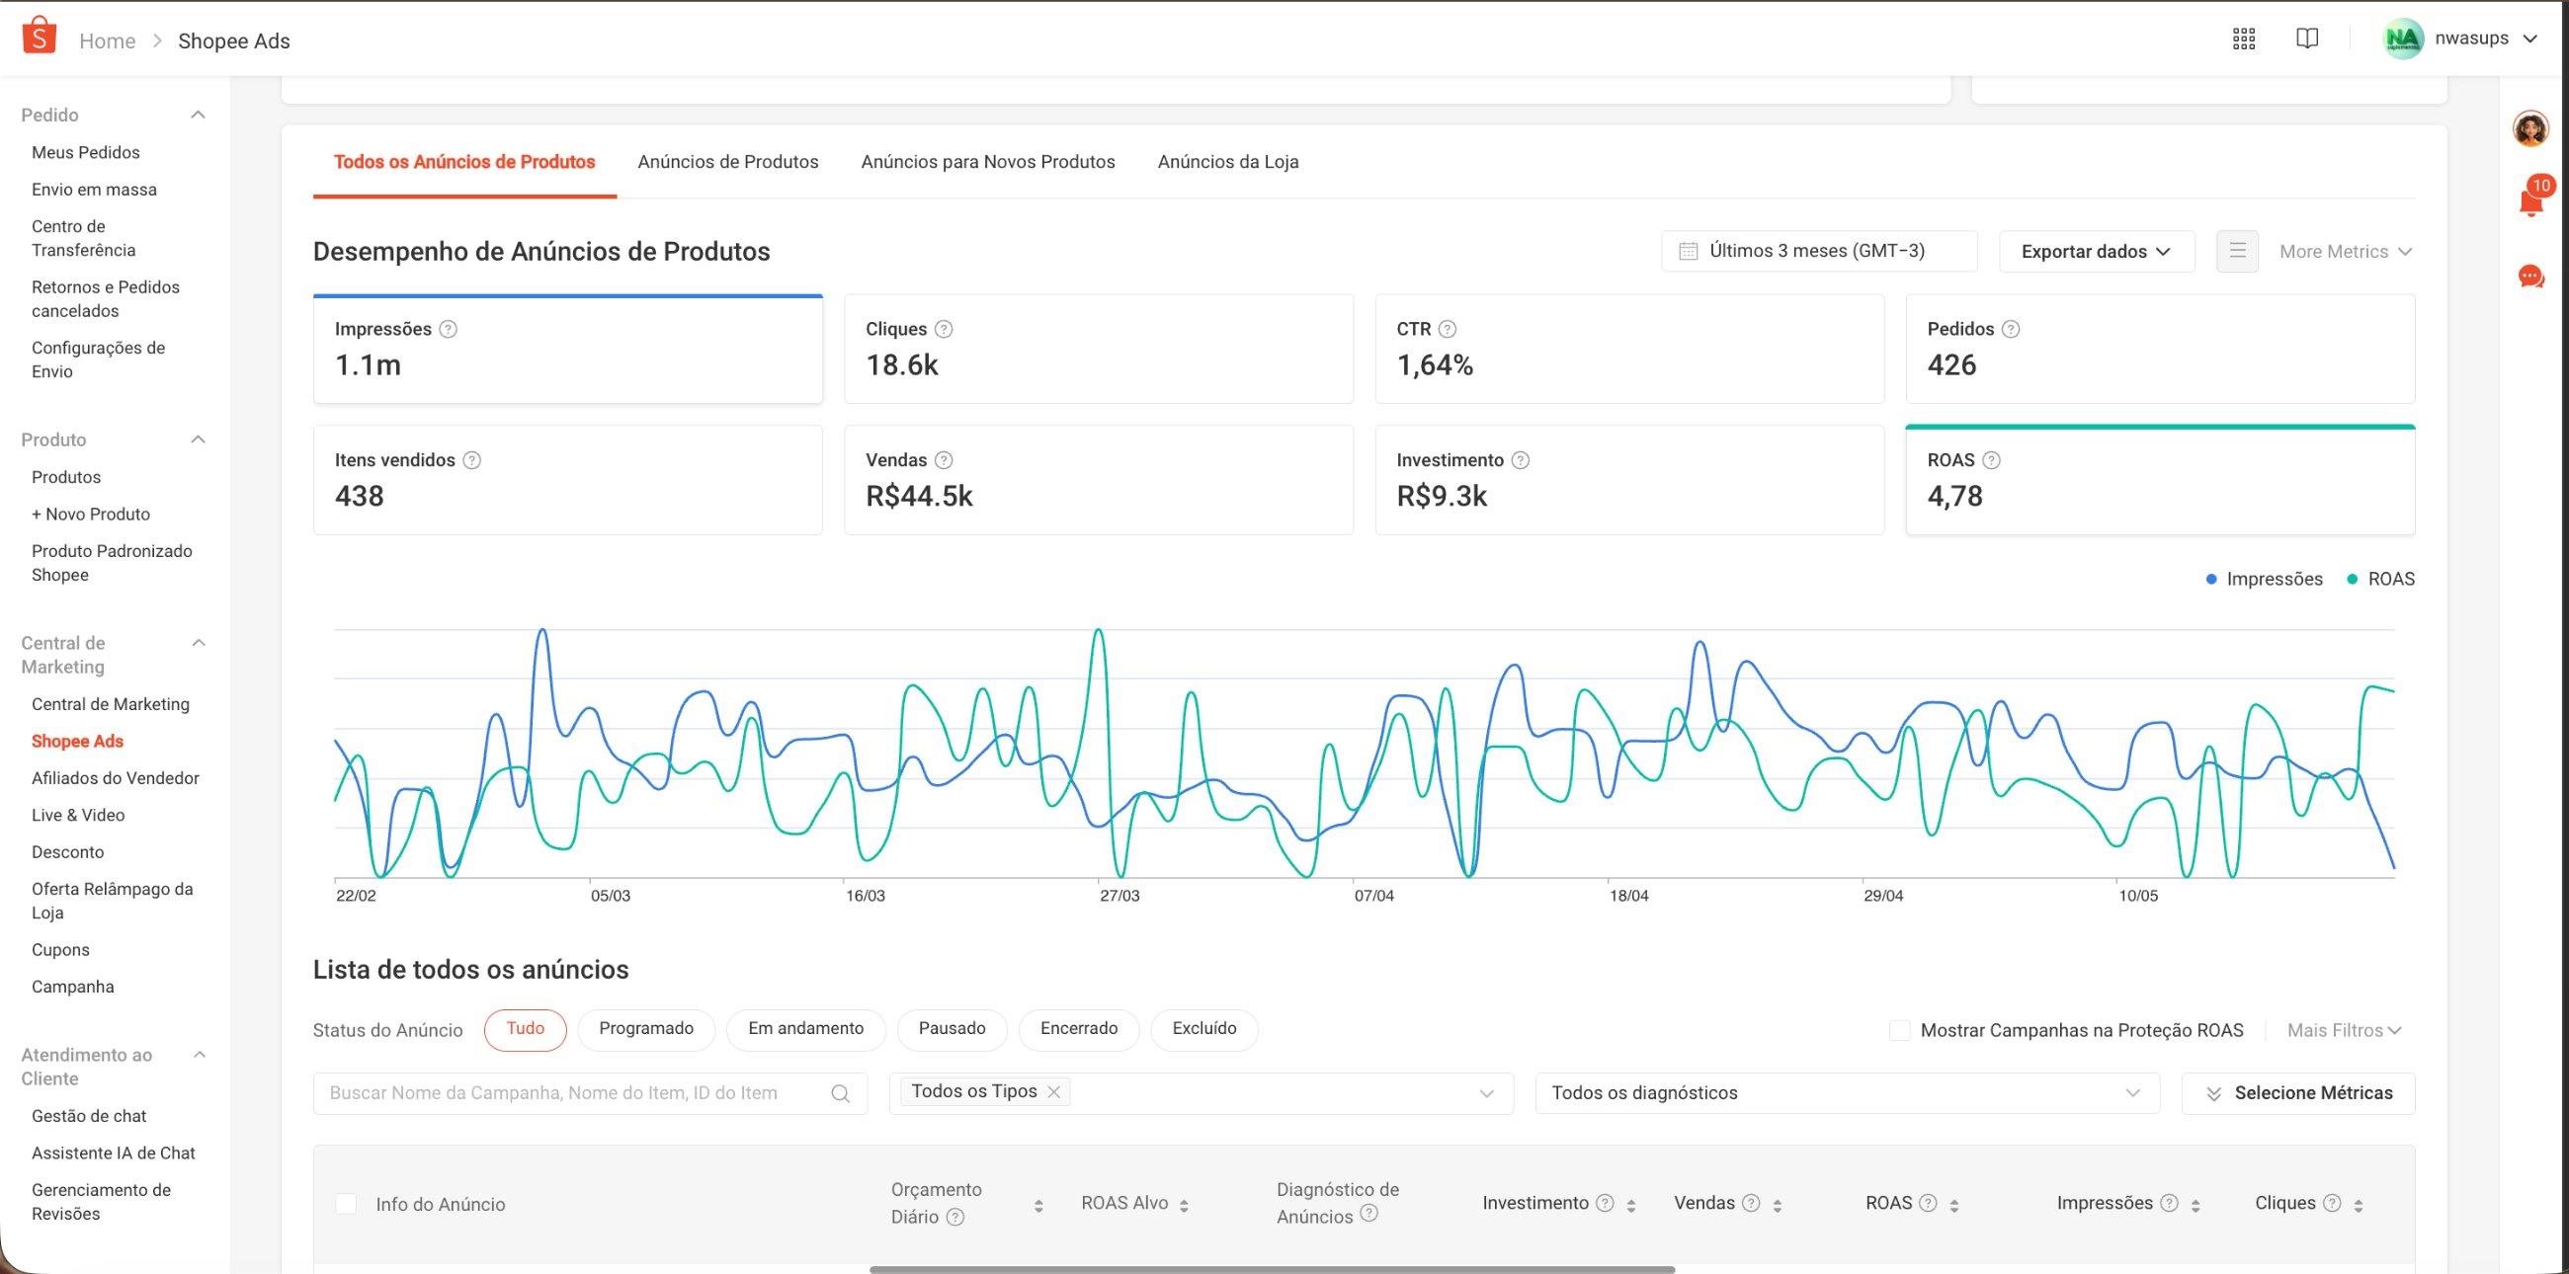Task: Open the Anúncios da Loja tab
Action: coord(1227,162)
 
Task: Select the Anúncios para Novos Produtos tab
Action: coord(987,162)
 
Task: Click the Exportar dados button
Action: coord(2097,251)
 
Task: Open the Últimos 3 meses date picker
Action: coord(1819,251)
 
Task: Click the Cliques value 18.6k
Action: coord(901,364)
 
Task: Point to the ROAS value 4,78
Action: coord(1954,497)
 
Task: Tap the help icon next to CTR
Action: coord(1449,329)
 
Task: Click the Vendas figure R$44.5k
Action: coord(919,497)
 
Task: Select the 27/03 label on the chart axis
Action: coord(1119,896)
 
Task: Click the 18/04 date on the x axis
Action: coord(1628,896)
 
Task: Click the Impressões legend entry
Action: coord(2264,579)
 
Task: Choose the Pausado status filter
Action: coord(952,1029)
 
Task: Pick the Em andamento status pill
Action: coord(806,1029)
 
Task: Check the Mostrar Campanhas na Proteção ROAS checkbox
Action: coord(1900,1031)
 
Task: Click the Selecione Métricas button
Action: coord(2297,1093)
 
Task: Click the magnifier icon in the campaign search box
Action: coord(841,1093)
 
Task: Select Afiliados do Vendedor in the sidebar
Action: coord(115,778)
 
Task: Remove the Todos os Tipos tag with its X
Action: coord(1053,1091)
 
